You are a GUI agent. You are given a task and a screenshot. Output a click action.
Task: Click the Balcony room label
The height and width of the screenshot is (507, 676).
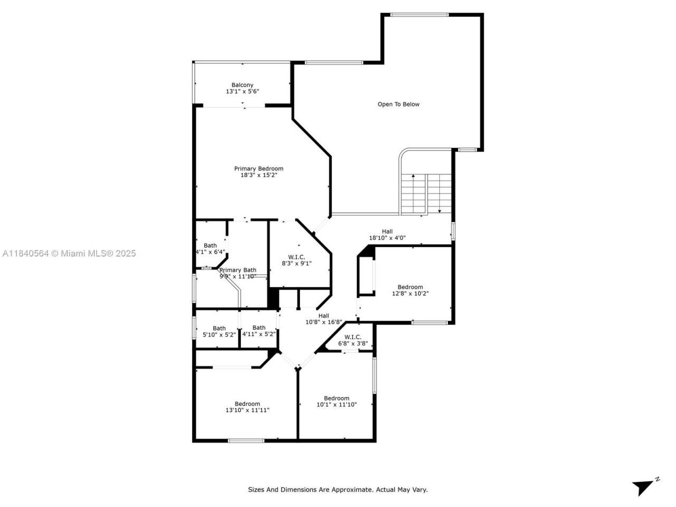pos(242,85)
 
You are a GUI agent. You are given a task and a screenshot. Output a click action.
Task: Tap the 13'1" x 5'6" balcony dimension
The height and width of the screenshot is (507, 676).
pos(242,92)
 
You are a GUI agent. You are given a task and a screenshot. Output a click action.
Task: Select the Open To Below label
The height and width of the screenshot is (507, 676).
pos(398,105)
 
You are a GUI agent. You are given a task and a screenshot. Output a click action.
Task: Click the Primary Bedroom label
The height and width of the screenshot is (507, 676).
pos(259,169)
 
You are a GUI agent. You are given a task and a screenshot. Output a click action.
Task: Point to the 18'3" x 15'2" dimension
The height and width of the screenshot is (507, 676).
pos(259,175)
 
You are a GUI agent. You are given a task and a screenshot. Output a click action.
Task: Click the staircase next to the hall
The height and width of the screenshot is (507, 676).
pos(426,194)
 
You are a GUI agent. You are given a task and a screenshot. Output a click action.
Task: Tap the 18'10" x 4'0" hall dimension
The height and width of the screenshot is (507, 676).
pos(387,238)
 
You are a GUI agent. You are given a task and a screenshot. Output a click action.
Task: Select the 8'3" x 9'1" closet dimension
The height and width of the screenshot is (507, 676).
pos(296,264)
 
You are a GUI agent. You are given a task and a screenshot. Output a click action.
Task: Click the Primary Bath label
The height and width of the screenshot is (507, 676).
pos(238,270)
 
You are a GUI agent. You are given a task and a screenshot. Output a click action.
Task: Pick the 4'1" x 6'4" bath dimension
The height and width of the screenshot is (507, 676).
pos(210,252)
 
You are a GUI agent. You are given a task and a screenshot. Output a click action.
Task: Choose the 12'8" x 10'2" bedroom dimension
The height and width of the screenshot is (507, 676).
pos(410,294)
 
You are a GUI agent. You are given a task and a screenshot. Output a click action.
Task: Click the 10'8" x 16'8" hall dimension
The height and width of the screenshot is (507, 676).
pos(324,322)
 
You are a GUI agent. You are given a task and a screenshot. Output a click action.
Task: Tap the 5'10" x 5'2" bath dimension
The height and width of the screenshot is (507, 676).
pos(219,335)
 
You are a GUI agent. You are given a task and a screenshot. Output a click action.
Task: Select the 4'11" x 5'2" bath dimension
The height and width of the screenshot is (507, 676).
pos(259,335)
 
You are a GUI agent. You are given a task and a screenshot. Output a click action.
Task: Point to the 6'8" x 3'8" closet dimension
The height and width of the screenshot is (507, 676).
pos(353,343)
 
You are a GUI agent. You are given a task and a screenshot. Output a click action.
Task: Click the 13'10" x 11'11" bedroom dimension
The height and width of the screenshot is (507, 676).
pos(247,410)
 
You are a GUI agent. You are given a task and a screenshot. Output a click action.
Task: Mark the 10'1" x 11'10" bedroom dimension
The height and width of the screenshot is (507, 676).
pos(336,405)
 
